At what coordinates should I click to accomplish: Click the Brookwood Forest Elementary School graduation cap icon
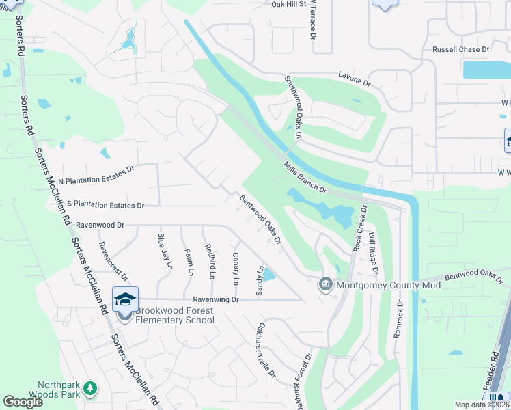[126, 299]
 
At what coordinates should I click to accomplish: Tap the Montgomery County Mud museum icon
[326, 284]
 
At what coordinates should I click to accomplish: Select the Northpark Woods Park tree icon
[89, 389]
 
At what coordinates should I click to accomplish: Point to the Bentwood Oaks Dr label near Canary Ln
[260, 219]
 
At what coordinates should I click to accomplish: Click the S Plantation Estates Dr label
[105, 205]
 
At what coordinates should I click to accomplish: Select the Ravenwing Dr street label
[215, 299]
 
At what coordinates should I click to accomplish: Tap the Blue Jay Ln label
[165, 251]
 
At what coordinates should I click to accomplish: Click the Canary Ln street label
[236, 269]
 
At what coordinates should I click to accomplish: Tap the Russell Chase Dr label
[461, 50]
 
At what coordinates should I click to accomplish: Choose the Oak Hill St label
[287, 4]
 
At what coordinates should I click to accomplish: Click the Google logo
[23, 402]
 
